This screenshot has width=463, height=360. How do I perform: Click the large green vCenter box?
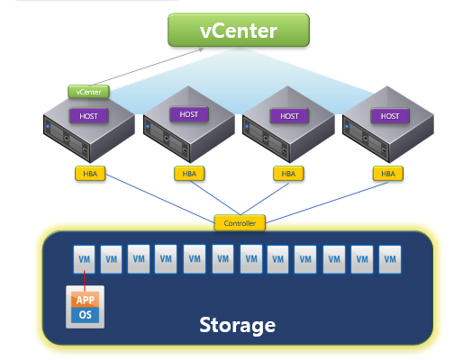[x=238, y=31]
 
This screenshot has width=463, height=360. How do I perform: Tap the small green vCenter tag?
[x=88, y=91]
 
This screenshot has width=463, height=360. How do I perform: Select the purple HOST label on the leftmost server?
[x=88, y=115]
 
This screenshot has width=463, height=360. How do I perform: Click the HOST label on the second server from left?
[x=188, y=115]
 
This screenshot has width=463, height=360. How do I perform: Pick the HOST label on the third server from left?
[x=288, y=115]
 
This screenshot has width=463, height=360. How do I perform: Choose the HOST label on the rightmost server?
[x=388, y=115]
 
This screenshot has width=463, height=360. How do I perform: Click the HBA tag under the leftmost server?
[x=88, y=173]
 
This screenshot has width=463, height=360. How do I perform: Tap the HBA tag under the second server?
[x=188, y=173]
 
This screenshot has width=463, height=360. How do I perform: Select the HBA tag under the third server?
[x=288, y=173]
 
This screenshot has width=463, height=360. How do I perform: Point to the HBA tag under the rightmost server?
[x=388, y=173]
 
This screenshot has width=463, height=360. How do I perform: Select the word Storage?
[x=237, y=323]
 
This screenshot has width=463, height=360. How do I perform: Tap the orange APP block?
[x=85, y=301]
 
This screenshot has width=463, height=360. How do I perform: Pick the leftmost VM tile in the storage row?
[x=85, y=259]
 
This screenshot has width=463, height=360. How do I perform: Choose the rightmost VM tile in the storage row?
[x=389, y=259]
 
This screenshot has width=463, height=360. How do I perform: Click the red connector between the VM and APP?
[x=85, y=281]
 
